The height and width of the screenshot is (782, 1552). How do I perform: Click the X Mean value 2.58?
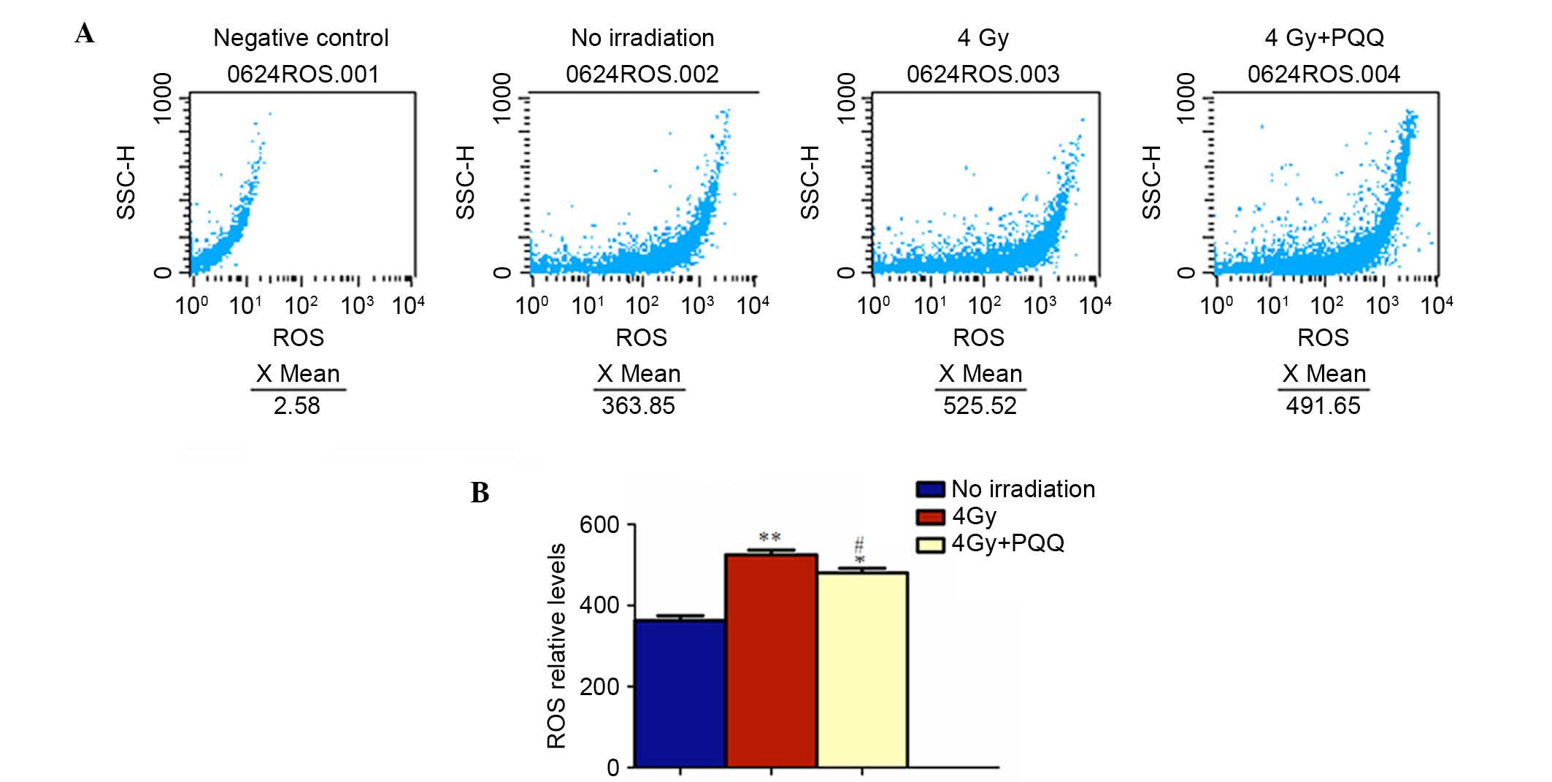tap(296, 405)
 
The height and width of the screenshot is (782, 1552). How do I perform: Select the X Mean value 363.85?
tap(638, 405)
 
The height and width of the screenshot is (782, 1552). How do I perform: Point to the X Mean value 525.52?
tap(980, 405)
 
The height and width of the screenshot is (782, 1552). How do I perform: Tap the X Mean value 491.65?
tap(1323, 405)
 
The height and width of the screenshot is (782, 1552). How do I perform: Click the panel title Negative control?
tap(301, 38)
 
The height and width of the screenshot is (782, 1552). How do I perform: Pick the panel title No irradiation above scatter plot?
tap(642, 38)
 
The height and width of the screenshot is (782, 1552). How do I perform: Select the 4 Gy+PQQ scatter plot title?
tap(1324, 38)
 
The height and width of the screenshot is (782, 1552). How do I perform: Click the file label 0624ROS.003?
tap(983, 74)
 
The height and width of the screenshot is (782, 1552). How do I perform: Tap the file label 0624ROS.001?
tap(303, 74)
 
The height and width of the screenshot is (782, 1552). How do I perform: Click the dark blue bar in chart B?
tap(680, 694)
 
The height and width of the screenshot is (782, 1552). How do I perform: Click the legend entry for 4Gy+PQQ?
tap(1007, 543)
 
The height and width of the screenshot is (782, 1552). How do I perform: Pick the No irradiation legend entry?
tap(1022, 489)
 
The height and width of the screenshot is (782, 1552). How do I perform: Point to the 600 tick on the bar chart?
tap(599, 525)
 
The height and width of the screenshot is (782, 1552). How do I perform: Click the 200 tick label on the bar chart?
tap(599, 686)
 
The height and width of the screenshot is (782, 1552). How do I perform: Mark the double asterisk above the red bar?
tap(770, 538)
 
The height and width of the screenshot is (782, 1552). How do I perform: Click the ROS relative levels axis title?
tap(556, 645)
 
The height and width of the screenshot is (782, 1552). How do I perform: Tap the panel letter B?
tap(480, 493)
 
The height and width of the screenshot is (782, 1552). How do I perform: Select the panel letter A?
tap(85, 34)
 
